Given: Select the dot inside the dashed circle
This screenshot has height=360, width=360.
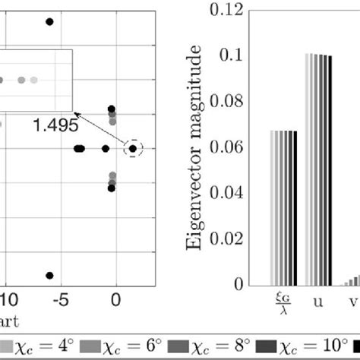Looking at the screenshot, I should (132, 149).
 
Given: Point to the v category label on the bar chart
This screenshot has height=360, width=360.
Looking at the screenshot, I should (352, 301).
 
